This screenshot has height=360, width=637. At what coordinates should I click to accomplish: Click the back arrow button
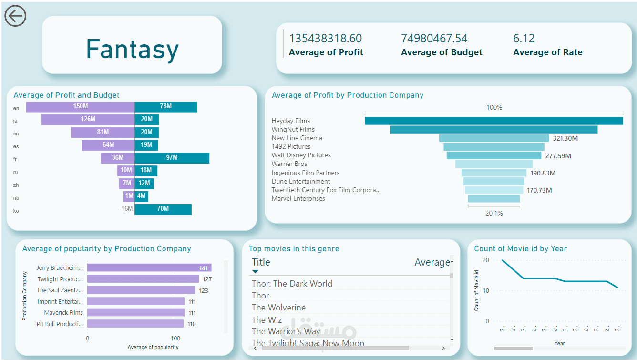pyautogui.click(x=15, y=16)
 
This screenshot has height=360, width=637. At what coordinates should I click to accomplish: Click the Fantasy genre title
pyautogui.click(x=132, y=50)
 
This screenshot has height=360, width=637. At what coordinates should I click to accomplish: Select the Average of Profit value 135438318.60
pyautogui.click(x=326, y=39)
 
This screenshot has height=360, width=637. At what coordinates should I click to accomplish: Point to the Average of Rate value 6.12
pyautogui.click(x=524, y=39)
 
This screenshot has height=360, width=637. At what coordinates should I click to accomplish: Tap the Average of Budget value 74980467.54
pyautogui.click(x=434, y=39)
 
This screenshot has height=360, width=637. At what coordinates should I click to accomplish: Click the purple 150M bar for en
pyautogui.click(x=80, y=107)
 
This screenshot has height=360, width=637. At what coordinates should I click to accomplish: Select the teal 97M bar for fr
pyautogui.click(x=172, y=158)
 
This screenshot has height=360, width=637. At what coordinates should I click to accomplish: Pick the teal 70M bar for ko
pyautogui.click(x=163, y=209)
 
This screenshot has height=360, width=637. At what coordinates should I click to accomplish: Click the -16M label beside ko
pyautogui.click(x=126, y=209)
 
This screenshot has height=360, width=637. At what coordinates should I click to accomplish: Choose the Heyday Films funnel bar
pyautogui.click(x=493, y=121)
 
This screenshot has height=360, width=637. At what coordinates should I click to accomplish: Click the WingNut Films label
pyautogui.click(x=293, y=130)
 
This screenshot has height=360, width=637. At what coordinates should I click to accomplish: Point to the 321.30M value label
pyautogui.click(x=565, y=138)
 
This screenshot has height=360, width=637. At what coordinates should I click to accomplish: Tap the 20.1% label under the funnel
pyautogui.click(x=494, y=213)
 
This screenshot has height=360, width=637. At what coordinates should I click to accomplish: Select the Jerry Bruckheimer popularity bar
pyautogui.click(x=149, y=268)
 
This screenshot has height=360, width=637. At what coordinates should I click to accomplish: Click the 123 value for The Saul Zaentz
pyautogui.click(x=204, y=290)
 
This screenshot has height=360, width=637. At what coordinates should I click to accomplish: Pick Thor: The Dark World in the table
pyautogui.click(x=292, y=284)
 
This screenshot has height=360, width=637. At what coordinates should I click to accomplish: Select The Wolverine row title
pyautogui.click(x=278, y=308)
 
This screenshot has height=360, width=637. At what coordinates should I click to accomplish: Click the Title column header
pyautogui.click(x=261, y=262)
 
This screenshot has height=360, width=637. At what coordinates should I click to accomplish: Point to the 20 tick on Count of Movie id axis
pyautogui.click(x=486, y=260)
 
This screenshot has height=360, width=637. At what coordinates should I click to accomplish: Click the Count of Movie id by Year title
pyautogui.click(x=520, y=248)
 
